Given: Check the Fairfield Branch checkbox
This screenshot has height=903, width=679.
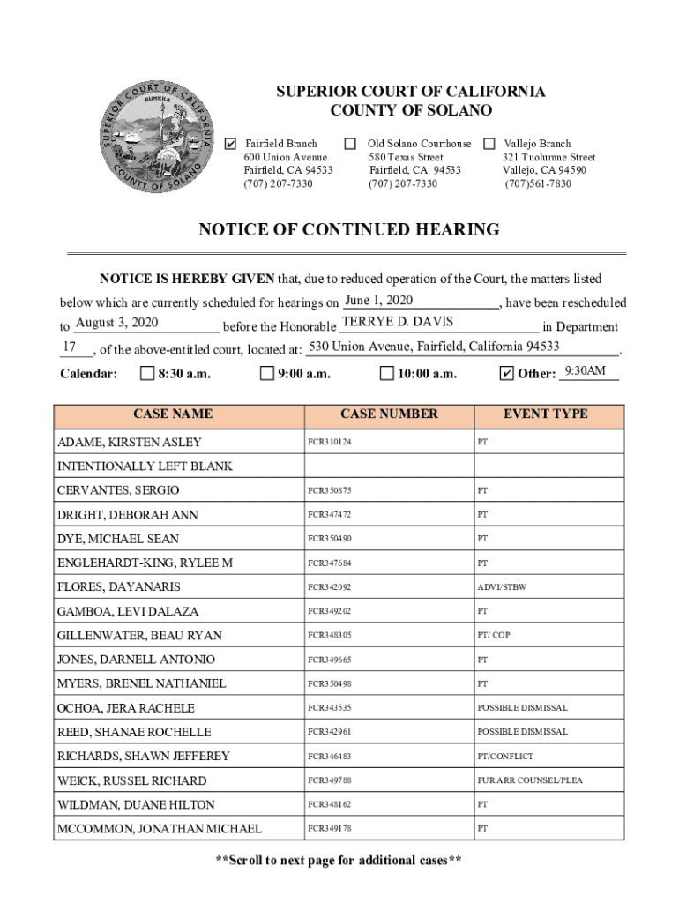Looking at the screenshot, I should [x=231, y=144].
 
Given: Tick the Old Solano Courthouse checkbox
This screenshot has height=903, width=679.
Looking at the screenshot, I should [x=351, y=144].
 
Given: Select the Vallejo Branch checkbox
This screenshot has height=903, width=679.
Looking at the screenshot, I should [x=489, y=144].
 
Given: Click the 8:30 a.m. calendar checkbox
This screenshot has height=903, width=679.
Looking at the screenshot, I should [x=147, y=374].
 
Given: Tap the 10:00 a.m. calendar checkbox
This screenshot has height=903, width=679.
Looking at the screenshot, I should [x=386, y=374].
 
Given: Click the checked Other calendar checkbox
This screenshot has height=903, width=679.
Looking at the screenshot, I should [x=506, y=374].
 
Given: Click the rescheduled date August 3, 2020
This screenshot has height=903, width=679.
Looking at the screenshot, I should [x=116, y=323].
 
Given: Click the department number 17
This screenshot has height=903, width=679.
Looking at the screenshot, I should [x=68, y=346].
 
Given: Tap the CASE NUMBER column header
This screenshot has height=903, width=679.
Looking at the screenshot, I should [x=389, y=414].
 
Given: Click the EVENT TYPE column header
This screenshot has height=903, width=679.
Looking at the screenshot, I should [x=545, y=414].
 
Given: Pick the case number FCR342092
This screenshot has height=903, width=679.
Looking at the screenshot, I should [x=329, y=587].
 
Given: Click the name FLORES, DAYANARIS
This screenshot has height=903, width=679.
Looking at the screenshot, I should [x=118, y=587].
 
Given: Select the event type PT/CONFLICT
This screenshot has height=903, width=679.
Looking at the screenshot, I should [x=505, y=757].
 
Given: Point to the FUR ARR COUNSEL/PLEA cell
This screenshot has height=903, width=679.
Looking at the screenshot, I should [x=530, y=780].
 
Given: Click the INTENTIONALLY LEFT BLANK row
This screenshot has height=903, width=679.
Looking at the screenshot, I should [x=145, y=466].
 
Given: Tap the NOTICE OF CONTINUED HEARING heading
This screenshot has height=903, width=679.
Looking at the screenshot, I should [x=348, y=230].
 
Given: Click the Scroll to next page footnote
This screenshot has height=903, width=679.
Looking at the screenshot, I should [x=339, y=861].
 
